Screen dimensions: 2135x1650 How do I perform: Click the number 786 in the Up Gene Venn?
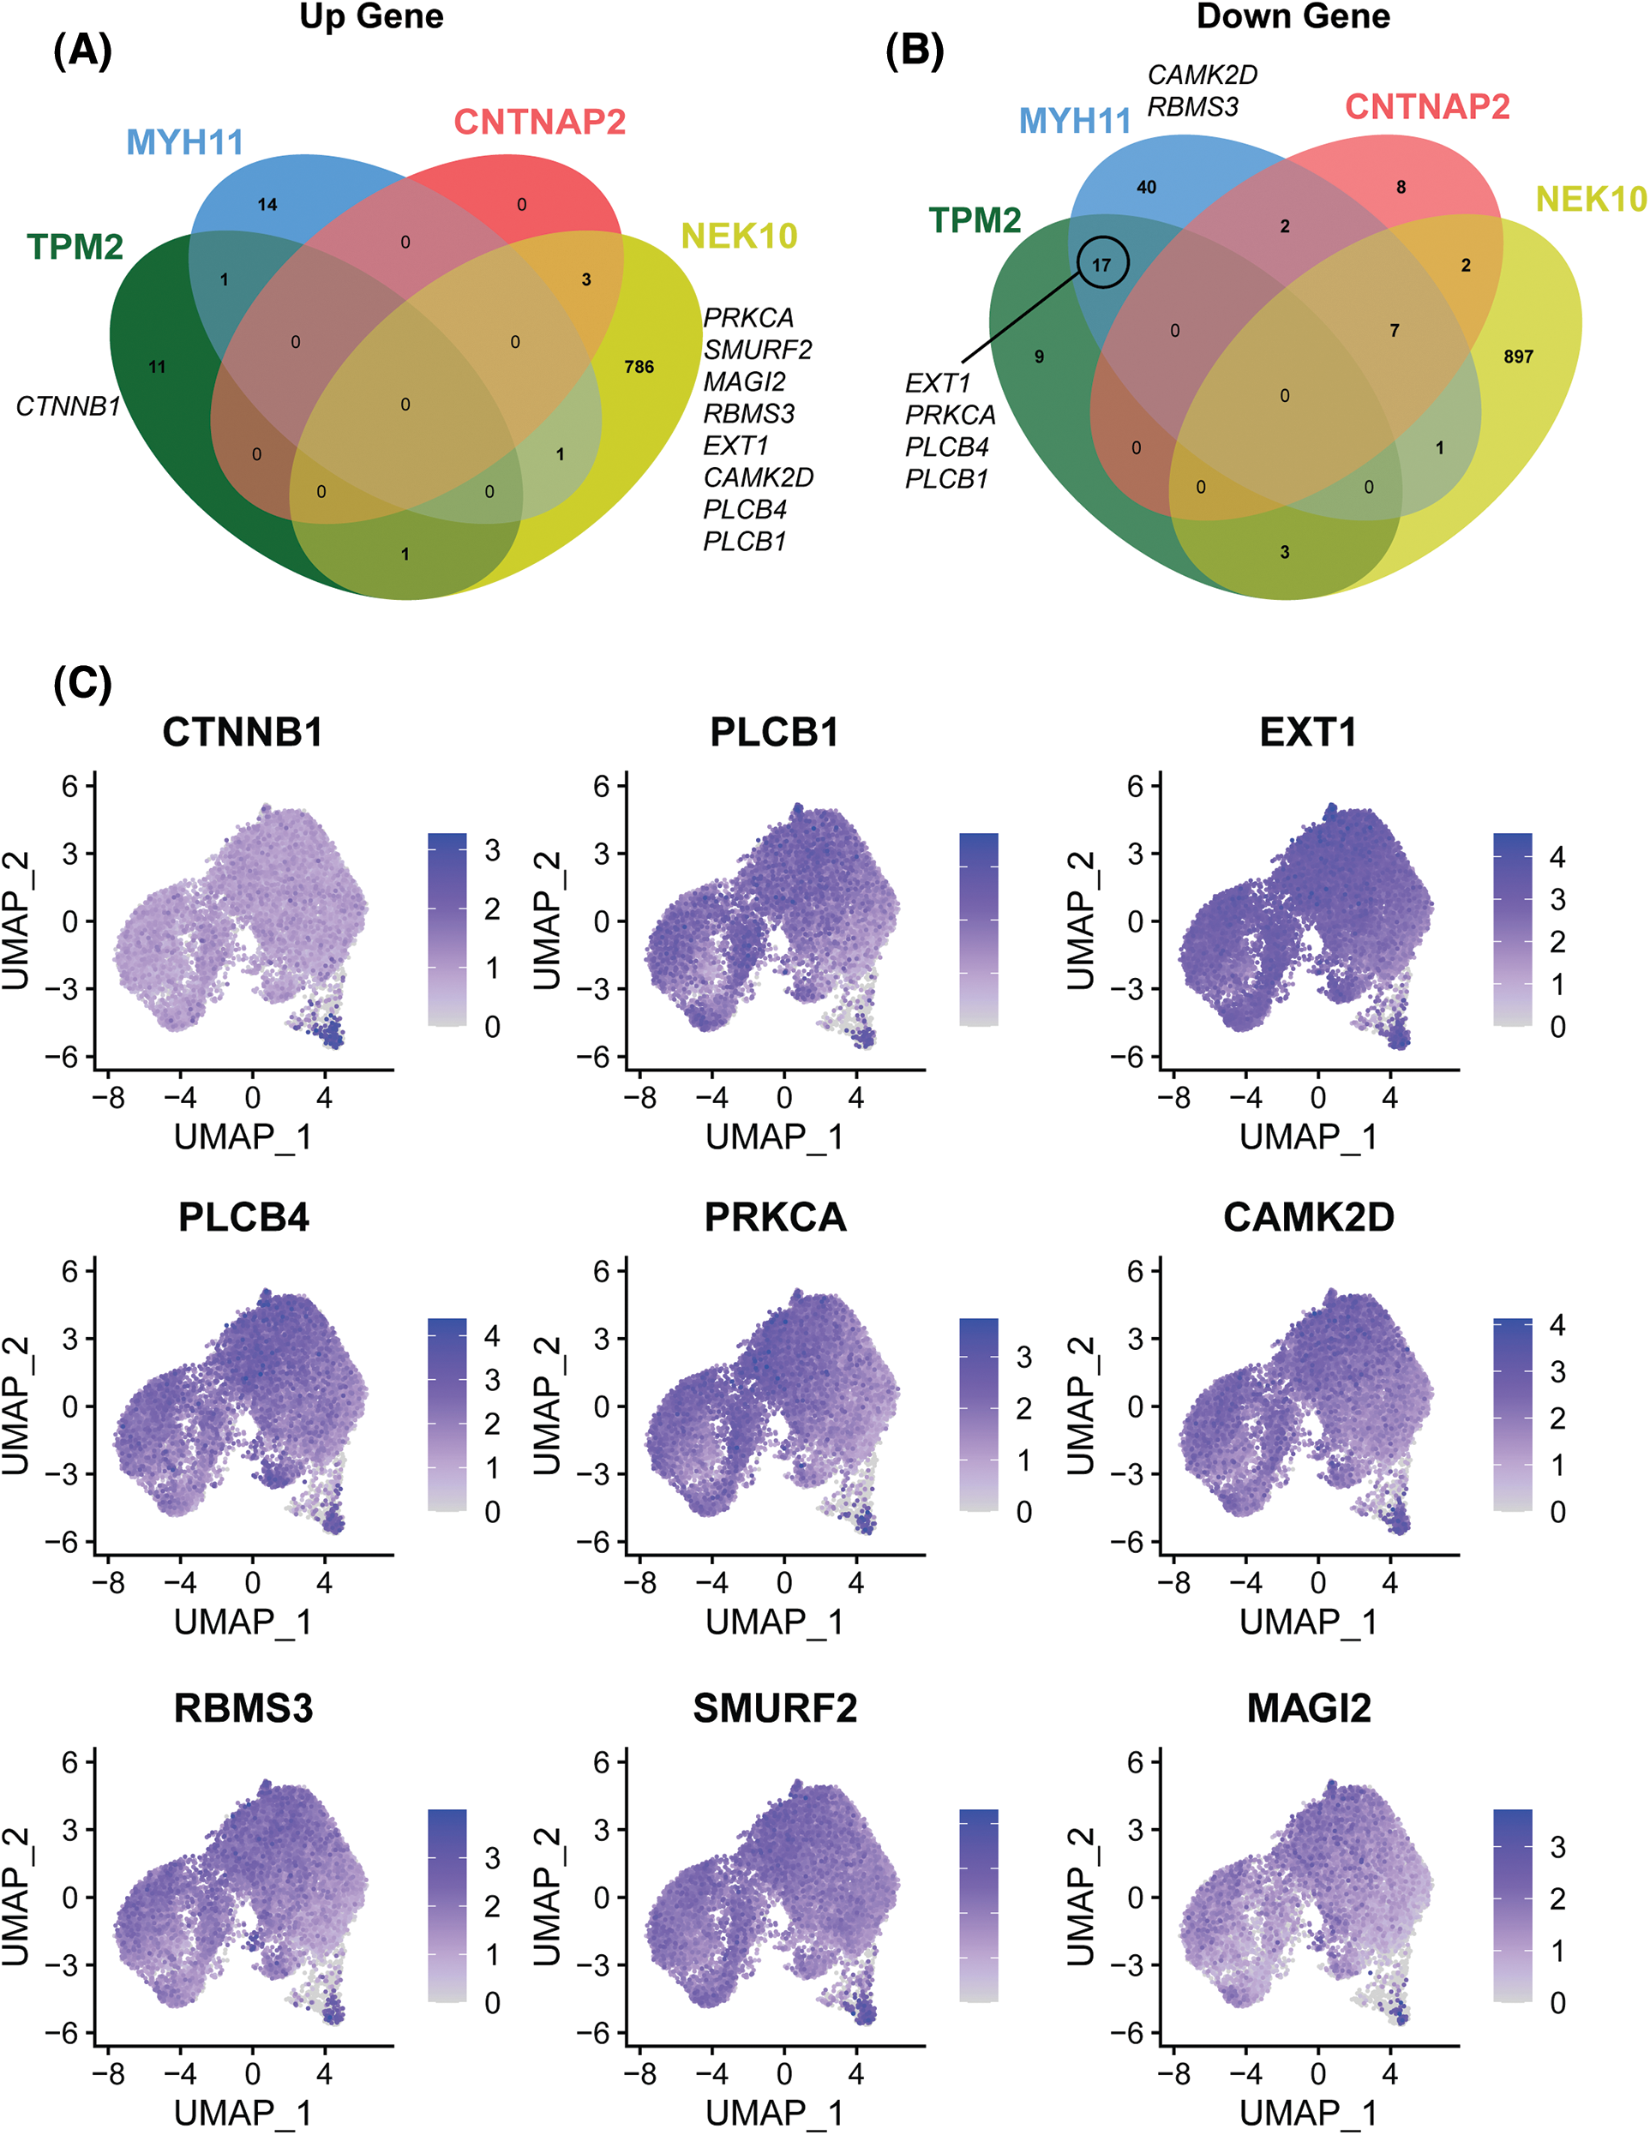639,367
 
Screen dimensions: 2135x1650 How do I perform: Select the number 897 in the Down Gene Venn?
1518,357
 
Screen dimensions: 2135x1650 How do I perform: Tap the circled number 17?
1101,264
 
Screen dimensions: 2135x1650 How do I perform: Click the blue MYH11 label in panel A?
185,143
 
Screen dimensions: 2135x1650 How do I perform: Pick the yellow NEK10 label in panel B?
1590,200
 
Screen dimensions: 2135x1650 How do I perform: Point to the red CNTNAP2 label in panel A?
540,123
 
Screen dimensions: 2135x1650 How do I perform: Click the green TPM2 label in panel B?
975,221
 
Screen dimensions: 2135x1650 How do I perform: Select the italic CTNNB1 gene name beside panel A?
68,405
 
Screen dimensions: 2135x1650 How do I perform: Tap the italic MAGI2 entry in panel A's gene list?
744,381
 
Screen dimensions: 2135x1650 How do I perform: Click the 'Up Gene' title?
371,16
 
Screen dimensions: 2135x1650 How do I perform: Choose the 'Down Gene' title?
1293,16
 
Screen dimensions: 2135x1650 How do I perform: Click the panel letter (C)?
82,682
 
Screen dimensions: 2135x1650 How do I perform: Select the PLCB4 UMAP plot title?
243,1217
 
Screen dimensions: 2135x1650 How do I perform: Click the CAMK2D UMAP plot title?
1309,1217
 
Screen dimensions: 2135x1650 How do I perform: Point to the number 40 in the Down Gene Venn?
1147,187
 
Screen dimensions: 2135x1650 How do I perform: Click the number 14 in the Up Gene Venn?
267,204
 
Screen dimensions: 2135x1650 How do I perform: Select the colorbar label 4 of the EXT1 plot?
1557,857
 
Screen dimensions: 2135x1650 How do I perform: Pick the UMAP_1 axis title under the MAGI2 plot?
1308,2113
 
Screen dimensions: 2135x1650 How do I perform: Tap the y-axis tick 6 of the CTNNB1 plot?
69,786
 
